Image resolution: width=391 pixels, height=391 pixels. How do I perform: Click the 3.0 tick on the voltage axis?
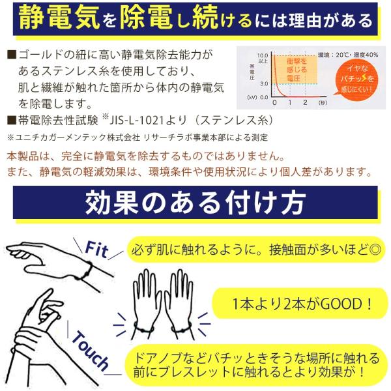pos(263,83)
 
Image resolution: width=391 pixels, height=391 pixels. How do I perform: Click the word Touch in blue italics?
pos(91,349)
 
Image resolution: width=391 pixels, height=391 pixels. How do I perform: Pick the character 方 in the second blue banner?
pos(287,202)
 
